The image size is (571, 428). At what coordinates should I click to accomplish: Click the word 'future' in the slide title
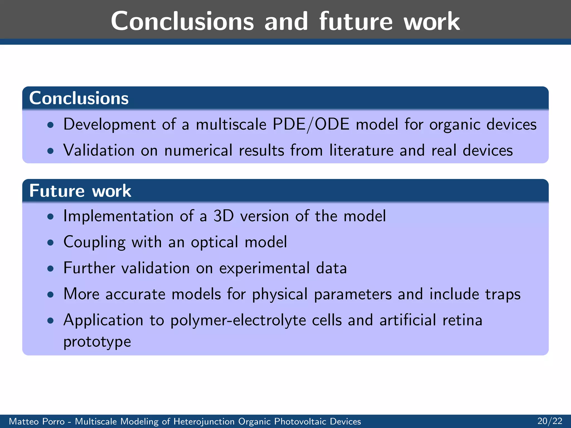356,22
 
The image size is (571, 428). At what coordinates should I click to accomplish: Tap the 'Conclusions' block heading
79,98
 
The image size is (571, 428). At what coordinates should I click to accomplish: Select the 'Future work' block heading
80,191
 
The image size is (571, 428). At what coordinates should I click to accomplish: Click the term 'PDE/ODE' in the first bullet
311,124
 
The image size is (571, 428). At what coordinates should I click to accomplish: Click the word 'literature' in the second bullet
361,150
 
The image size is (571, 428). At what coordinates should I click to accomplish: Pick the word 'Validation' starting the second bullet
99,150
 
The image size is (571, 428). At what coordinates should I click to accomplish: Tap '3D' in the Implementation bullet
223,216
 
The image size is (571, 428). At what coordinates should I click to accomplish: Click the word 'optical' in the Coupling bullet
214,242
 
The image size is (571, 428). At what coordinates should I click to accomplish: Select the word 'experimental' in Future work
264,268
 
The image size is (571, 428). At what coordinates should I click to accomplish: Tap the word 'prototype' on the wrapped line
97,342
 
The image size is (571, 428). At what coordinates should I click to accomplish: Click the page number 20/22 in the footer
550,421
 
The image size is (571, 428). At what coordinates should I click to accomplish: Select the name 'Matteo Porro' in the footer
37,421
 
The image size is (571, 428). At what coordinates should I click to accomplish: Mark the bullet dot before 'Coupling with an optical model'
50,243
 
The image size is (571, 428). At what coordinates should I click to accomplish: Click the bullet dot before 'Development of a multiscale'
50,125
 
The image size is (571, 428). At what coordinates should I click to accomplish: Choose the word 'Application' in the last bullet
103,320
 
